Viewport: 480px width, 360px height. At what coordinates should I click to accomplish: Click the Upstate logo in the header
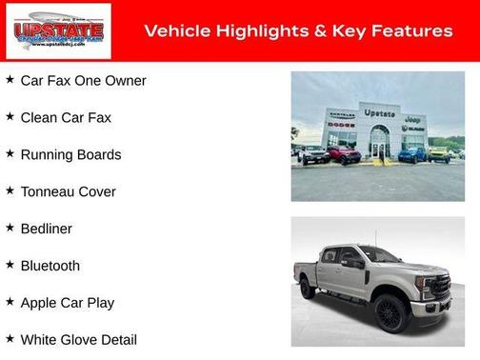(58, 31)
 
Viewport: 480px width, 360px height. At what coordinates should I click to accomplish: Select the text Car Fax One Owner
(83, 81)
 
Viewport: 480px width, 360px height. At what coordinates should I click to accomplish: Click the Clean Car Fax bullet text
(66, 118)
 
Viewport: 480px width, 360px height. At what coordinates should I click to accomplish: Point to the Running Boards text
(70, 155)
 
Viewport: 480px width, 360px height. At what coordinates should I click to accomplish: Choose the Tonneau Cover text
(68, 192)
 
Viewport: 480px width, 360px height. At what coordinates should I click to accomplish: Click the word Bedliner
(46, 230)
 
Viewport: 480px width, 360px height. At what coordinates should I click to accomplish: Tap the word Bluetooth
(50, 267)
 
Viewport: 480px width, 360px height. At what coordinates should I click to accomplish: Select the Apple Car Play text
(67, 304)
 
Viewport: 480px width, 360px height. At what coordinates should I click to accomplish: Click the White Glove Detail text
(78, 340)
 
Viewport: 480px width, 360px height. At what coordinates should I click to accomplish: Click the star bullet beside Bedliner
(10, 228)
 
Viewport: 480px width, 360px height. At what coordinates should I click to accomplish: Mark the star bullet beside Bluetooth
(10, 265)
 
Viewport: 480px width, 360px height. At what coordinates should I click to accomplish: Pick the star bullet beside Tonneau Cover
(10, 190)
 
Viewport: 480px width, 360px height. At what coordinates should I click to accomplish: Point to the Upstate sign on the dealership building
(379, 113)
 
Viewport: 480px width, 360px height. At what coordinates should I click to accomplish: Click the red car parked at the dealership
(345, 155)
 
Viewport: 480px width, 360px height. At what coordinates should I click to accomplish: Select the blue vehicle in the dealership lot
(412, 154)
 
